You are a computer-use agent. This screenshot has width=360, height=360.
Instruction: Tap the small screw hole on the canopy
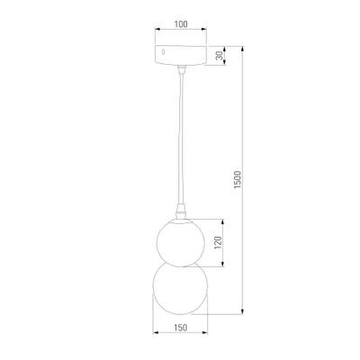(x=163, y=53)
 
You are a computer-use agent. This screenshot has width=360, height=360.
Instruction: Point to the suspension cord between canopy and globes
(x=181, y=135)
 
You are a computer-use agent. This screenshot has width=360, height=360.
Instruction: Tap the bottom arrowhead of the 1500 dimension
(x=246, y=312)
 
